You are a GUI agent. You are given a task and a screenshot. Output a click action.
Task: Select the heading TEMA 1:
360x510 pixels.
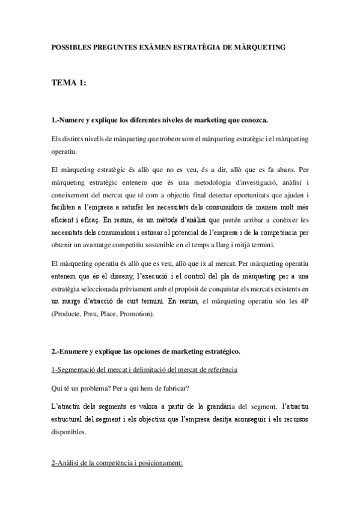[69, 84]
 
